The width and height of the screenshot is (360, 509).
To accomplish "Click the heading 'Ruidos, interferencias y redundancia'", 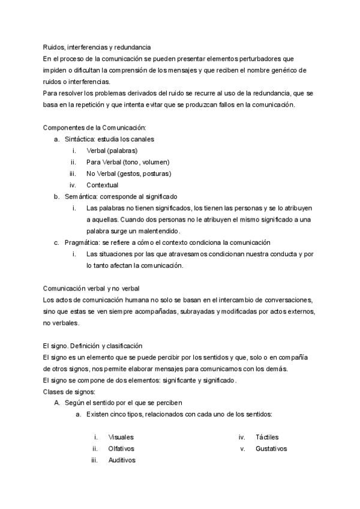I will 97,47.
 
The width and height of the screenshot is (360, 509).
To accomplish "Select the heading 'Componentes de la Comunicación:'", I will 95,128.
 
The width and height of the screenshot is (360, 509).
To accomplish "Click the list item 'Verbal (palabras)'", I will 112,151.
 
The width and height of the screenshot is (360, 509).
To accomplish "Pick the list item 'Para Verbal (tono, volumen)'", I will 128,162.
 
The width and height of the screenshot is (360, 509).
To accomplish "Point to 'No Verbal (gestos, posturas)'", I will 128,173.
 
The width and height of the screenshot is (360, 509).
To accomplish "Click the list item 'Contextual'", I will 102,185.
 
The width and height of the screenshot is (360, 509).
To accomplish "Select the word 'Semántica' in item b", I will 80,196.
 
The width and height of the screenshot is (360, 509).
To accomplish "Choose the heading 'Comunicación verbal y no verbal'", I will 91,289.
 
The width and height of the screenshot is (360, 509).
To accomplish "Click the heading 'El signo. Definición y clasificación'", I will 93,346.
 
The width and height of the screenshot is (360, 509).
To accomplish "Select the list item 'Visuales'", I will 121,438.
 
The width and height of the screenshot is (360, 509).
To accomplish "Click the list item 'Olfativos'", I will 121,449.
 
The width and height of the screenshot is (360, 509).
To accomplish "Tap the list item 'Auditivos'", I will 122,460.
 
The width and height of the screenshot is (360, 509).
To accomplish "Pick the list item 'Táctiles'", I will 267,438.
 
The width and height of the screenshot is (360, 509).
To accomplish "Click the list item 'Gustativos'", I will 271,449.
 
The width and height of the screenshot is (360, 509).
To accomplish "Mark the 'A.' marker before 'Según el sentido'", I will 58,403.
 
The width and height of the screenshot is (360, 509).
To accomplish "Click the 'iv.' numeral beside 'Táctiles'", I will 242,438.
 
